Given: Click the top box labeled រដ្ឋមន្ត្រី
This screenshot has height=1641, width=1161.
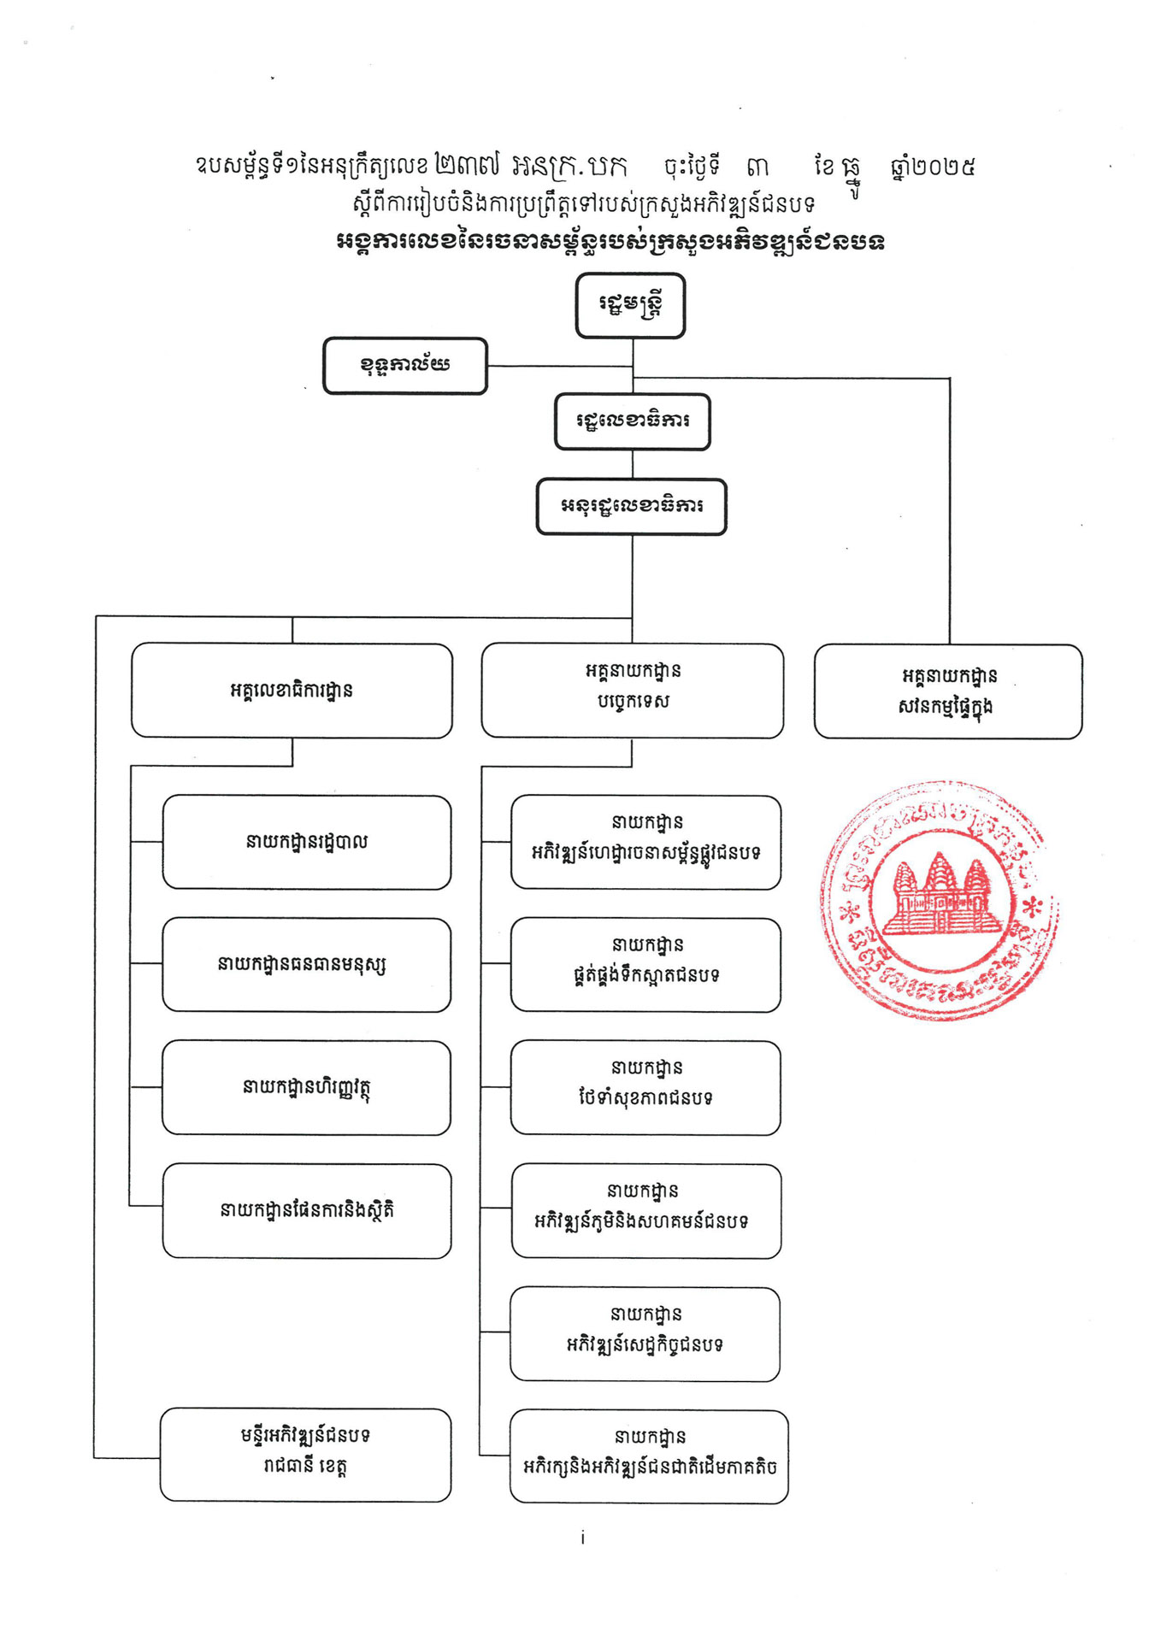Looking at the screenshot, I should point(630,305).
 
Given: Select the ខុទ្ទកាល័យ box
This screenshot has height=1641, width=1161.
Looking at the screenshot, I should point(404,366).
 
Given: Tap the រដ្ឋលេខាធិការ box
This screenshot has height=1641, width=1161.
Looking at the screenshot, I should point(632,421).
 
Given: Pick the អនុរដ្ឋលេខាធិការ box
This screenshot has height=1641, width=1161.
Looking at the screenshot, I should point(631,507).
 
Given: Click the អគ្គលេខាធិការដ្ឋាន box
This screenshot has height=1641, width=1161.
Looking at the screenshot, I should point(292,691).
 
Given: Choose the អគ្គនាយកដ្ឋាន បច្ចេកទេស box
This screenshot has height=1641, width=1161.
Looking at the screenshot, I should point(632,691).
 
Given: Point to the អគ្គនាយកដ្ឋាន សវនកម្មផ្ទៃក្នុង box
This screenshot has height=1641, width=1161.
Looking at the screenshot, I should point(947,691).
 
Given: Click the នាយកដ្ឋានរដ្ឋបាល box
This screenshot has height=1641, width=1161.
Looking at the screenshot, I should point(306,843).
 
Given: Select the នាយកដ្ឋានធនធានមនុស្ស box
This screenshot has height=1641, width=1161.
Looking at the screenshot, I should point(306,965).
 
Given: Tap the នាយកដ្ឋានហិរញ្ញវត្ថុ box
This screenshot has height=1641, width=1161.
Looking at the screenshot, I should point(306,1088).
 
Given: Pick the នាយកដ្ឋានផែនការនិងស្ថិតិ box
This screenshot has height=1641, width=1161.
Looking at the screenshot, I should point(306,1210).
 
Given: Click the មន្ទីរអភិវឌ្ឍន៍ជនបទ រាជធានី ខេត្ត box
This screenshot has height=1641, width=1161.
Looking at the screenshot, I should point(305,1455).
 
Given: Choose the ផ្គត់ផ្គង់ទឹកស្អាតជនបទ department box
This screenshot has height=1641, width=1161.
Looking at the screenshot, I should point(645,965).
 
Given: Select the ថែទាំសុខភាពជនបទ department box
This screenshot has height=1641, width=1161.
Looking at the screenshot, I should point(645,1088).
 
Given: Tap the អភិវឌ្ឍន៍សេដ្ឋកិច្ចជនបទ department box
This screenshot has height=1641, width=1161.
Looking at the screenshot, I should point(645,1334).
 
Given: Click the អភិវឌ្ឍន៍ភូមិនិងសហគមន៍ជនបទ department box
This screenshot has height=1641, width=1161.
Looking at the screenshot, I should point(645,1211).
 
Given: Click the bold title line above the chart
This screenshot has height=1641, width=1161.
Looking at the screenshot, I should point(610,242).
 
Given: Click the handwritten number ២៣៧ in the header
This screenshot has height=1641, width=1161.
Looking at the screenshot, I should point(467,165).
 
